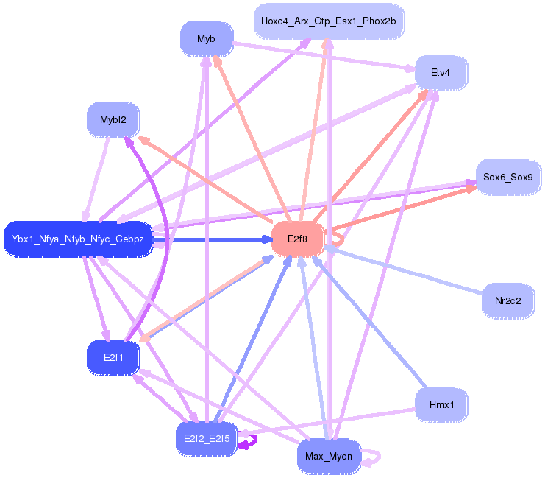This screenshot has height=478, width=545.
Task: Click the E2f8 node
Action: point(298,239)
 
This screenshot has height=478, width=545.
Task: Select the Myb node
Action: point(207,38)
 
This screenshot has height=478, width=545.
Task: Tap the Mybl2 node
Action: point(113,120)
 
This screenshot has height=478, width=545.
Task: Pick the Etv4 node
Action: point(441,72)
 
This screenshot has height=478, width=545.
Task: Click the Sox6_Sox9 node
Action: point(508,178)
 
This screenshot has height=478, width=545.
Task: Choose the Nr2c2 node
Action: point(507,300)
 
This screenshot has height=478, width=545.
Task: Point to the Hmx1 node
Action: point(441,404)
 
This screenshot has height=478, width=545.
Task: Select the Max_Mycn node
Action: point(329,456)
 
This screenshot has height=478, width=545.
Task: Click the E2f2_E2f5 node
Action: point(207,439)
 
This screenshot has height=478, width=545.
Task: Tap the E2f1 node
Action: point(113,357)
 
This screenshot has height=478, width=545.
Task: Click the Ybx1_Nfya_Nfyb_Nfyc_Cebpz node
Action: point(78,239)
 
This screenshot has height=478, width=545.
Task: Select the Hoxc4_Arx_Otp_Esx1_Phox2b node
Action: point(329,21)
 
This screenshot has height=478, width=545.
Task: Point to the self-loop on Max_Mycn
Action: point(380,457)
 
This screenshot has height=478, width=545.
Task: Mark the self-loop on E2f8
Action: point(343,239)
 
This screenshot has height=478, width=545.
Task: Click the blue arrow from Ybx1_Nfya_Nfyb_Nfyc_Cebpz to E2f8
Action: point(213,239)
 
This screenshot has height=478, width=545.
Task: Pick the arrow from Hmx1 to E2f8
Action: point(369,322)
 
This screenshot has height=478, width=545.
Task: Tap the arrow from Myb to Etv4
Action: point(324,57)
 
